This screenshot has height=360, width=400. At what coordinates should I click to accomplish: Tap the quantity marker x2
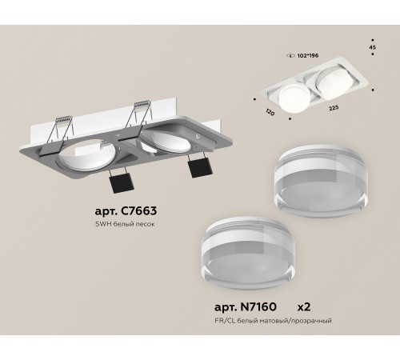310,307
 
